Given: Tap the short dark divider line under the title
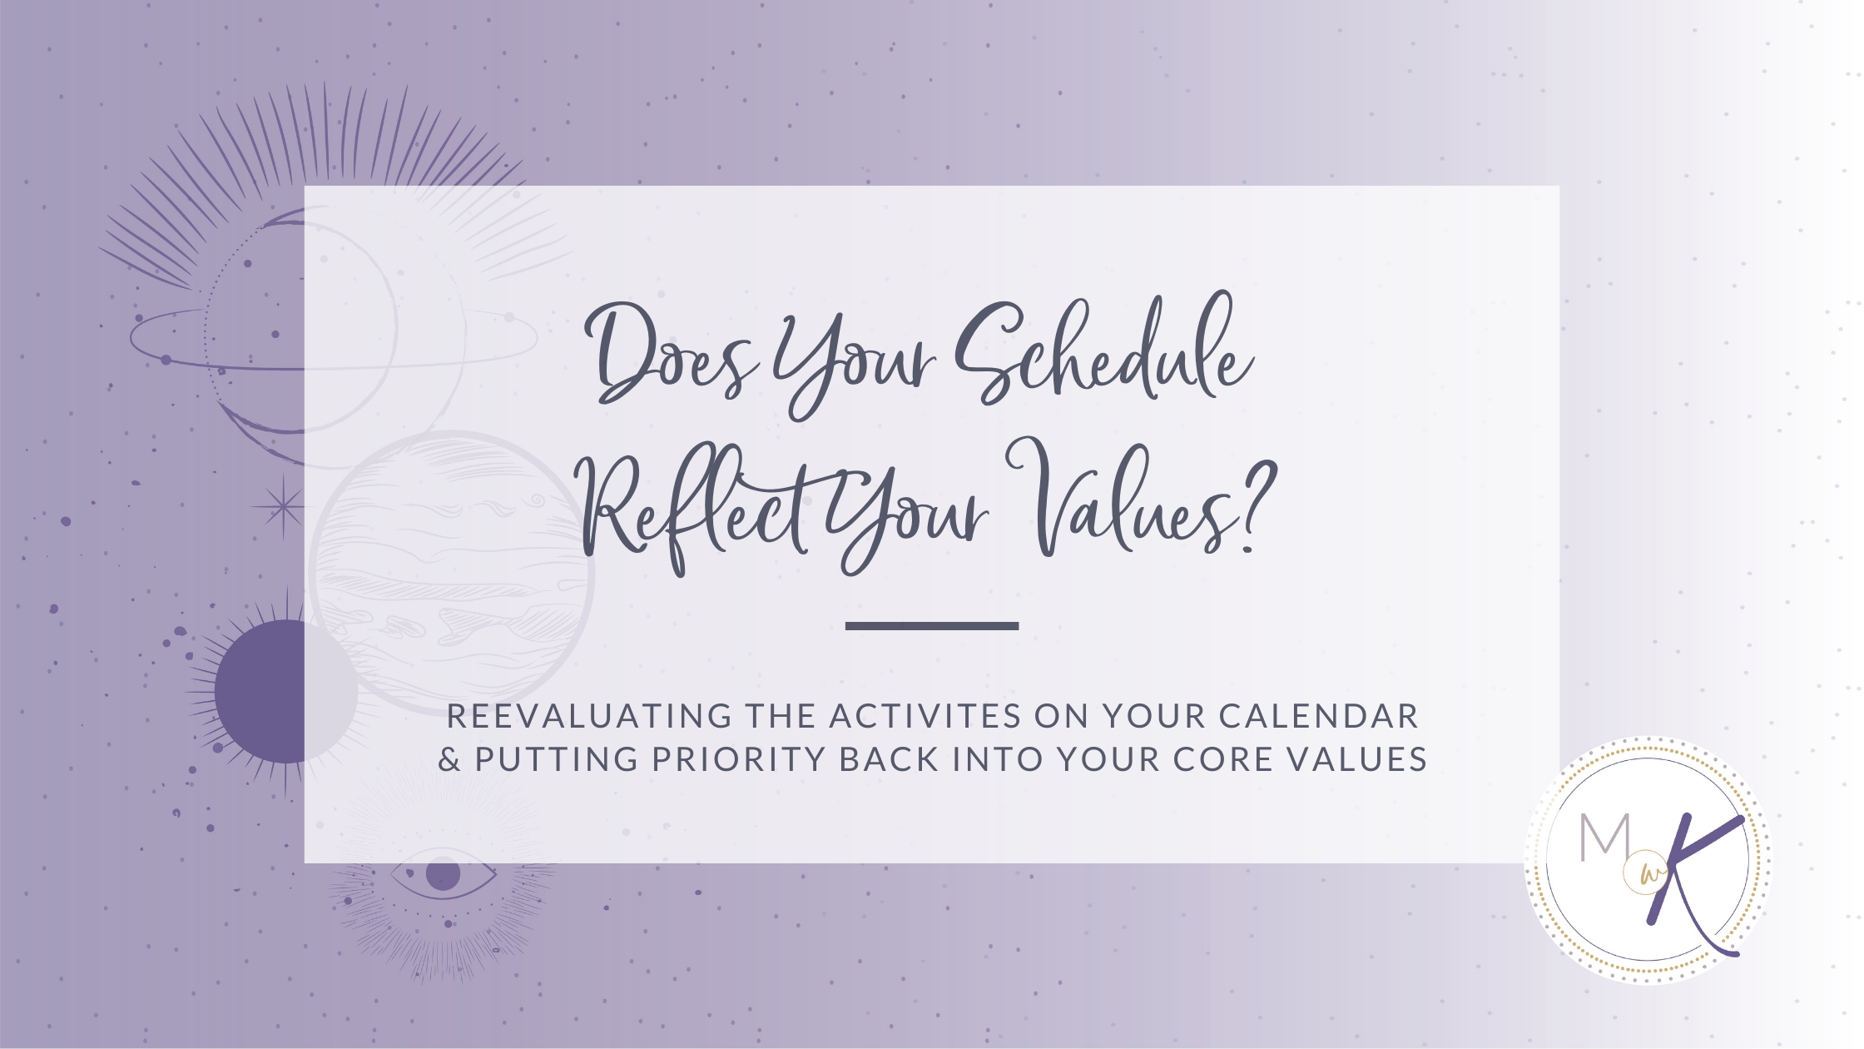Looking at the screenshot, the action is (x=932, y=625).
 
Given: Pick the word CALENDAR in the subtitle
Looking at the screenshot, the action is (x=1318, y=716).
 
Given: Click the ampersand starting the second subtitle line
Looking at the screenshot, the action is (x=449, y=759).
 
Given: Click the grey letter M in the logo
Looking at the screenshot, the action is (x=1604, y=837).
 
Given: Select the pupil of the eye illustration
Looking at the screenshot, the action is (x=443, y=874).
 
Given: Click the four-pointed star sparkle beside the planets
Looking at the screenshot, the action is (x=283, y=506).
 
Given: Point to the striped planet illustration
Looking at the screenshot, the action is (x=452, y=572).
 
